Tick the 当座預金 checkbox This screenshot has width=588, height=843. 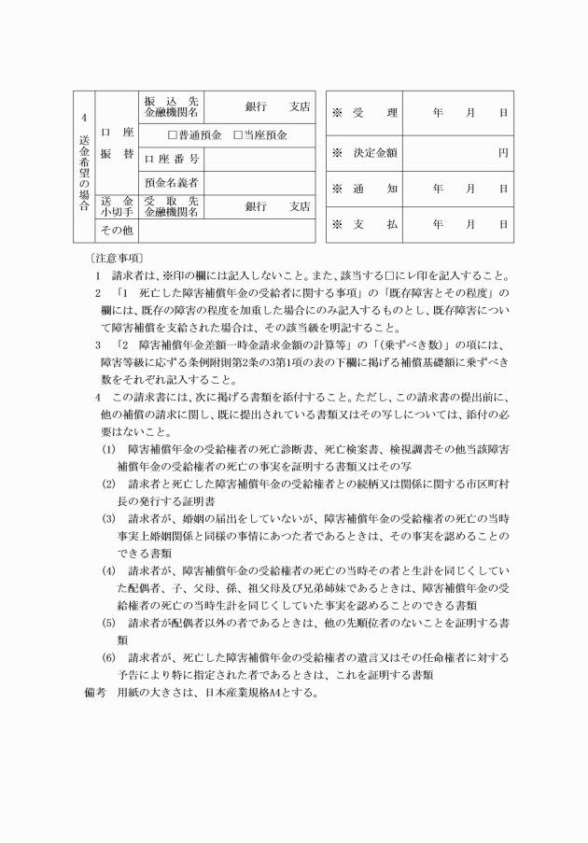pyautogui.click(x=238, y=134)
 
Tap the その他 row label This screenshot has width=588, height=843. pyautogui.click(x=117, y=229)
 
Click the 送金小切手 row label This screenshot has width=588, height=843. pyautogui.click(x=117, y=206)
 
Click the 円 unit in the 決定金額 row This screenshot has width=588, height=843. pyautogui.click(x=502, y=151)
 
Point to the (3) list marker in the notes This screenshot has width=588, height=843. pyautogui.click(x=109, y=517)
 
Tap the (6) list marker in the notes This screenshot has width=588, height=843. pyautogui.click(x=109, y=658)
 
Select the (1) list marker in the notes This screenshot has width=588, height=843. pyautogui.click(x=109, y=447)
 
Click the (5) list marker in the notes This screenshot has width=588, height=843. pyautogui.click(x=109, y=623)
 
